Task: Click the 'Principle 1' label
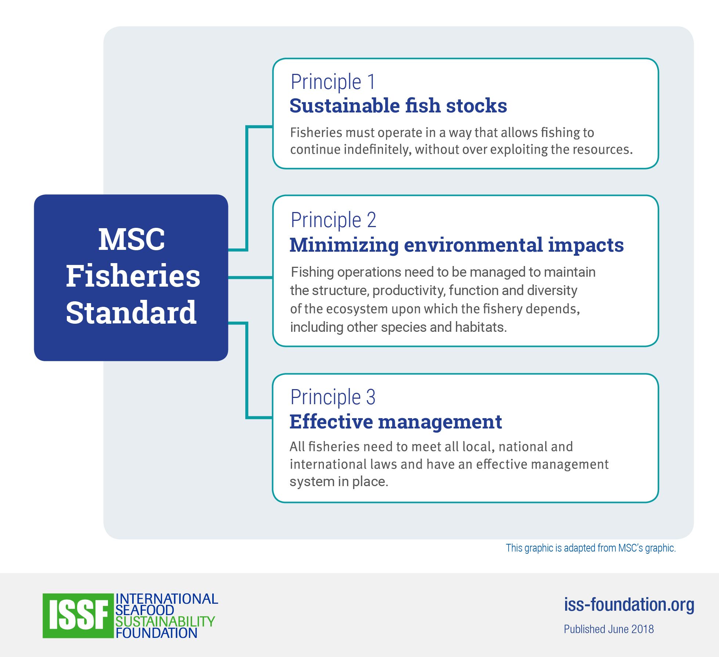point(333,82)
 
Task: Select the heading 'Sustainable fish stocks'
point(398,106)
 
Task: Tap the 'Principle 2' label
point(333,220)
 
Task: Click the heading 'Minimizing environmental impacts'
point(457,245)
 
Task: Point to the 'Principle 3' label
point(333,397)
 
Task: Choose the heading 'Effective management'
point(396,421)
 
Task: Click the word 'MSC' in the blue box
point(131,240)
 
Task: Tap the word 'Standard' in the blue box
point(131,312)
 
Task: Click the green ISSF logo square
point(78,615)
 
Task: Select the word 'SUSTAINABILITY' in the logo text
point(165,621)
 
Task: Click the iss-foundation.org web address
point(629,604)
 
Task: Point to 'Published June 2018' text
point(609,629)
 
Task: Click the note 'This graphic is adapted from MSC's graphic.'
point(591,548)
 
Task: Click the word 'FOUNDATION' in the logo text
point(156,633)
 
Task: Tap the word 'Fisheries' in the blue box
point(133,276)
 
